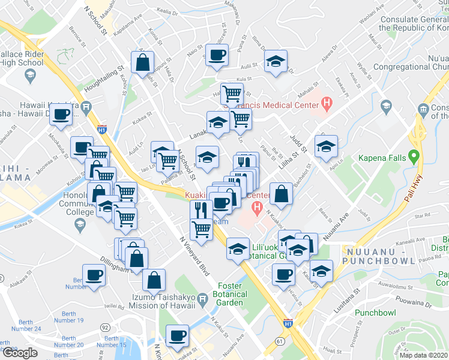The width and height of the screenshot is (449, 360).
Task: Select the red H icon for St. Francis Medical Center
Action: (327, 105)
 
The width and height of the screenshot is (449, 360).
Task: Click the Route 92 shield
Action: (105, 328)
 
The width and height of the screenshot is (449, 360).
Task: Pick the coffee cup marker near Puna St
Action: (217, 55)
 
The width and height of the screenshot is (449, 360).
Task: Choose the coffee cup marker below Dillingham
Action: (93, 275)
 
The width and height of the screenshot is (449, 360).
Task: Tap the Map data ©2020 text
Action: (423, 355)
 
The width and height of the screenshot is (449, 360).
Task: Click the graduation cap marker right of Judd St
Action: (326, 146)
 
